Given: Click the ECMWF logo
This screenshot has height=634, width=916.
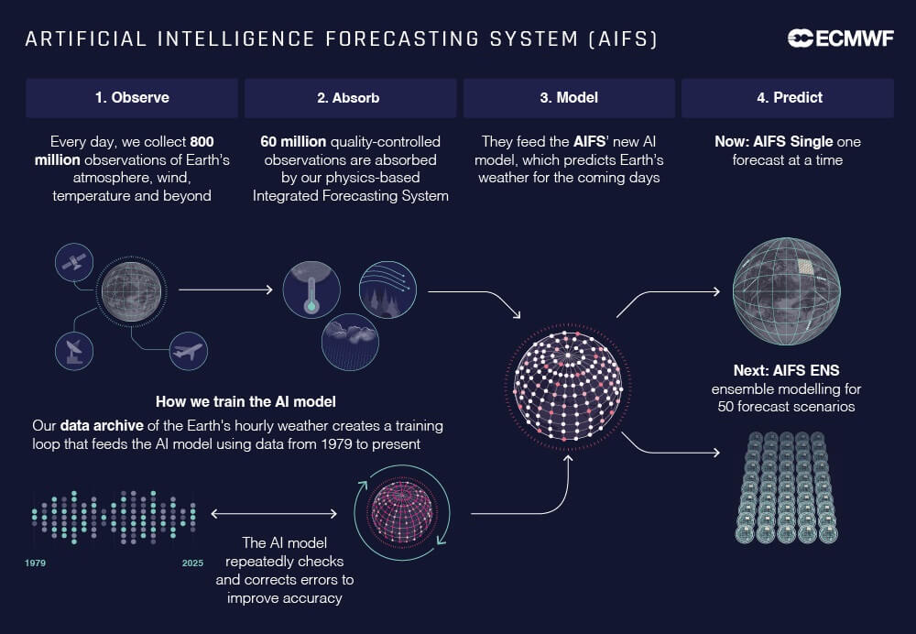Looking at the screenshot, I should [x=840, y=38].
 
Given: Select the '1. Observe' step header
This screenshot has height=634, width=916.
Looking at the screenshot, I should [x=132, y=97].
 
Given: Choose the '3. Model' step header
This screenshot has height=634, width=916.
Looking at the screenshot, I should [x=568, y=97].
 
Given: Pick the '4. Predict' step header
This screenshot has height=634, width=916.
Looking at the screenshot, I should [x=787, y=97].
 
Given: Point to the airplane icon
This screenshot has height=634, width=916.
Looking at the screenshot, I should [x=188, y=351].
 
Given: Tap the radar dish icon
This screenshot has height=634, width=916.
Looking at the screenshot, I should [x=73, y=351].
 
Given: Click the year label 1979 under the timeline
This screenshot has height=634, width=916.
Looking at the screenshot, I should [x=36, y=563].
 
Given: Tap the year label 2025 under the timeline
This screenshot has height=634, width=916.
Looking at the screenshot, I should [x=192, y=563].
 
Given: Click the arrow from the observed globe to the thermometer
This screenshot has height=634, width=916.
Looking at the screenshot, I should [x=225, y=290].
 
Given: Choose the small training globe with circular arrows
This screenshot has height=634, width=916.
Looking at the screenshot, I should [x=401, y=513].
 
